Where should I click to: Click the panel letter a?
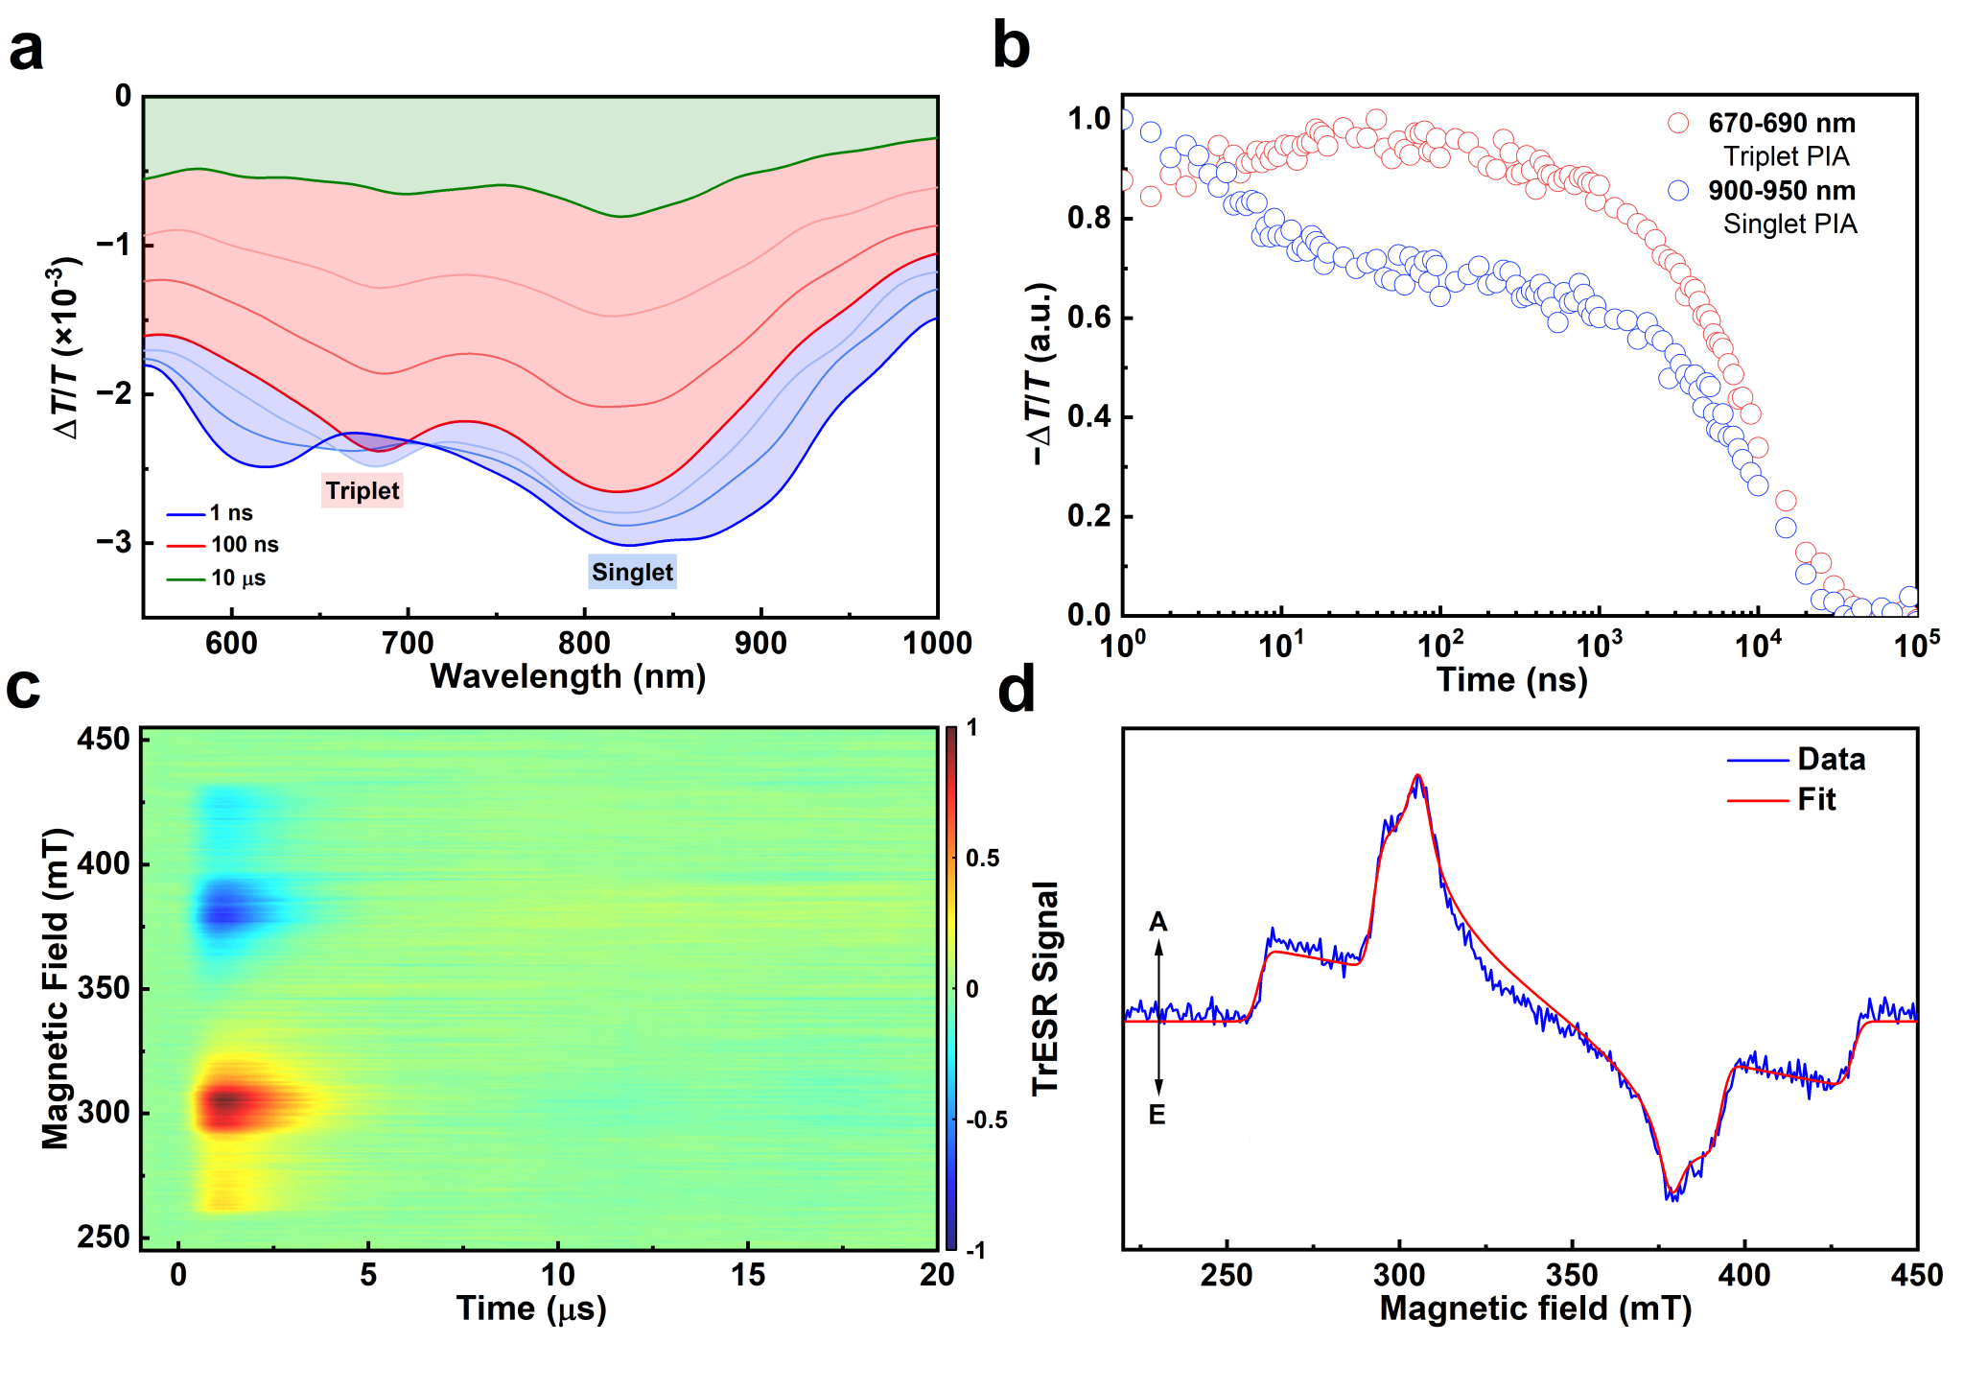coord(27,50)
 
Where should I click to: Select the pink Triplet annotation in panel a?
coord(362,491)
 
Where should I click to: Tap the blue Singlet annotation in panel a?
coord(632,573)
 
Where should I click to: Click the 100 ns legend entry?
coord(245,545)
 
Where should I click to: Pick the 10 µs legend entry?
coord(238,578)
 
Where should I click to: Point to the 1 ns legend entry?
coord(231,513)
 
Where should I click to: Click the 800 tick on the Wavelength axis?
coord(584,643)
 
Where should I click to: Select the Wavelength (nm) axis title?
coord(568,677)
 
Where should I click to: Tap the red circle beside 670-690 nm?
coord(1678,123)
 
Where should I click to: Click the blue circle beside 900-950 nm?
coord(1678,190)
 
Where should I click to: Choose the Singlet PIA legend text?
coord(1789,224)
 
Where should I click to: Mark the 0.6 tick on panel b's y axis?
coord(1088,318)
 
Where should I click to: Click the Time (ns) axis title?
coord(1511,680)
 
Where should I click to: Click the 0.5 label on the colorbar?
coord(982,859)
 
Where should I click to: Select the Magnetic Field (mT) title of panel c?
coord(56,988)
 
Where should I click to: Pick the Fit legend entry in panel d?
coord(1815,800)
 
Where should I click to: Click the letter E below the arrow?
coord(1157,1116)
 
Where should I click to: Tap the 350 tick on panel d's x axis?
coord(1572,1275)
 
